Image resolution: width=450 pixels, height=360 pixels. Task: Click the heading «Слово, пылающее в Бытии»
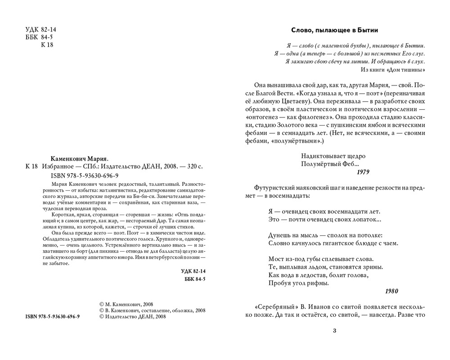click(334, 30)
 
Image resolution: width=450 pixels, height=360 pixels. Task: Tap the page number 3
click(334, 331)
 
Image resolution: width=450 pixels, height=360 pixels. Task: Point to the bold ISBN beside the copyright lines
click(50, 317)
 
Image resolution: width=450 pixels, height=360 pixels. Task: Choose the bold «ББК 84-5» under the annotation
click(195, 279)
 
